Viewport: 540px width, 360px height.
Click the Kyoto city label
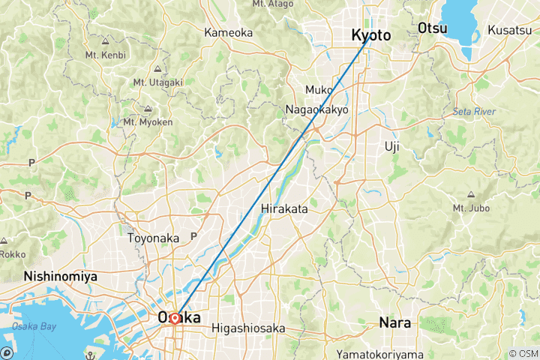coord(371,35)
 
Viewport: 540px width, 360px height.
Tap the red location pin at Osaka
coord(175,318)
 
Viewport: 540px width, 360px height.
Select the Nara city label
coord(394,323)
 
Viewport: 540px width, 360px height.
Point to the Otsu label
coord(433,28)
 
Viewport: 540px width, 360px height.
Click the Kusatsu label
coord(510,29)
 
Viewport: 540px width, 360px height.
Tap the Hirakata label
coord(285,209)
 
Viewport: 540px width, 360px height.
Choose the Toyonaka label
coord(154,238)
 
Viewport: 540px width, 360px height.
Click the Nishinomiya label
coord(61,276)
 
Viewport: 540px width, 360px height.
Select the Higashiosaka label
coord(248,327)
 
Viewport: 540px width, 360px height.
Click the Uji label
coord(391,145)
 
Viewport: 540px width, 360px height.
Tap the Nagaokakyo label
coord(317,109)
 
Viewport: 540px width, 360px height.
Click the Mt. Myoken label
coord(143,121)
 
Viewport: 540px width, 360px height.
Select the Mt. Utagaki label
coord(154,82)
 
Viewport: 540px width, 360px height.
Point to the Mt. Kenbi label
coord(106,55)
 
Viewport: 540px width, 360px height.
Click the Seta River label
coord(473,112)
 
